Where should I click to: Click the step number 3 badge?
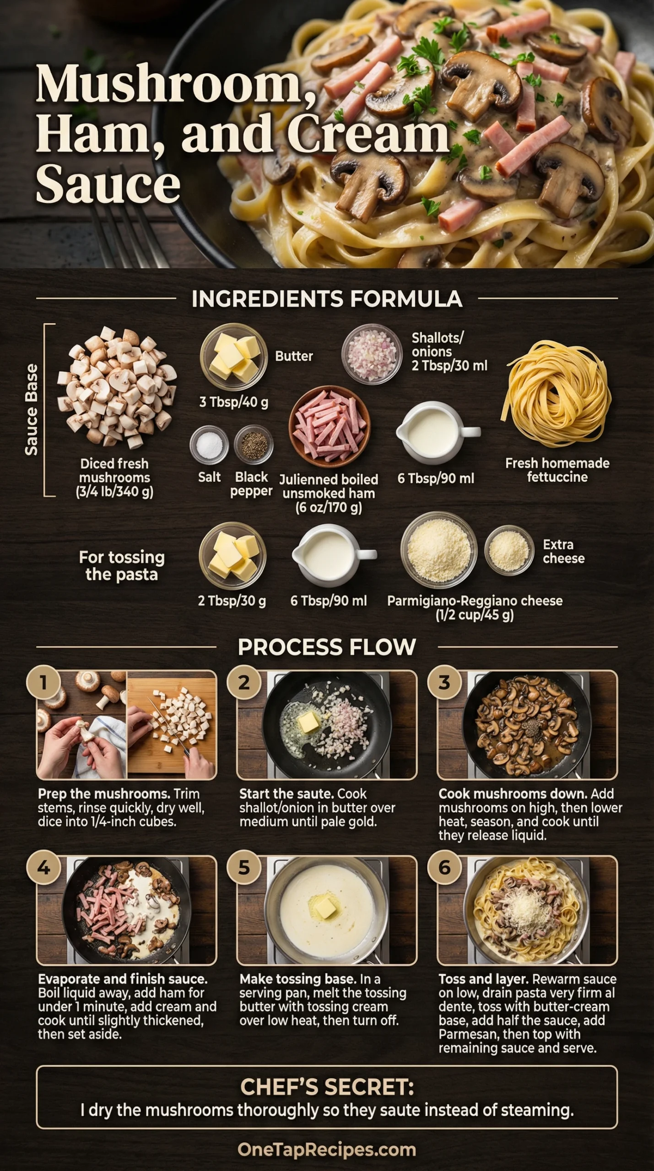[x=444, y=682]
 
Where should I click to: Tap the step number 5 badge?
[x=243, y=867]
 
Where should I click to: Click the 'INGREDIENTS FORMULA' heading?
[x=327, y=299]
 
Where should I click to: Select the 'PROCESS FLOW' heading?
[x=327, y=647]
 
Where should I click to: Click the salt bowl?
[x=209, y=444]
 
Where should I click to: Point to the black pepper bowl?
[x=254, y=444]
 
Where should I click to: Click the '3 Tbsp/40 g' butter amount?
[x=233, y=402]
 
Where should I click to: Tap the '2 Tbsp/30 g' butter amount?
[x=232, y=601]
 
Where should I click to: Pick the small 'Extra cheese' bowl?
[x=509, y=551]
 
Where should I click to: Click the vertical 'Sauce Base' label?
[x=31, y=410]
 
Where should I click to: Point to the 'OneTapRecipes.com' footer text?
[x=327, y=1150]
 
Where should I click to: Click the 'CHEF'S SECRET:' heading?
[x=327, y=1087]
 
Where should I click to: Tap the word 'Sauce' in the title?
[x=108, y=184]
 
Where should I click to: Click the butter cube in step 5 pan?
[x=326, y=907]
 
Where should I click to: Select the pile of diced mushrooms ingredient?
[x=117, y=388]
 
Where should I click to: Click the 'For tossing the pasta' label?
[x=122, y=565]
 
